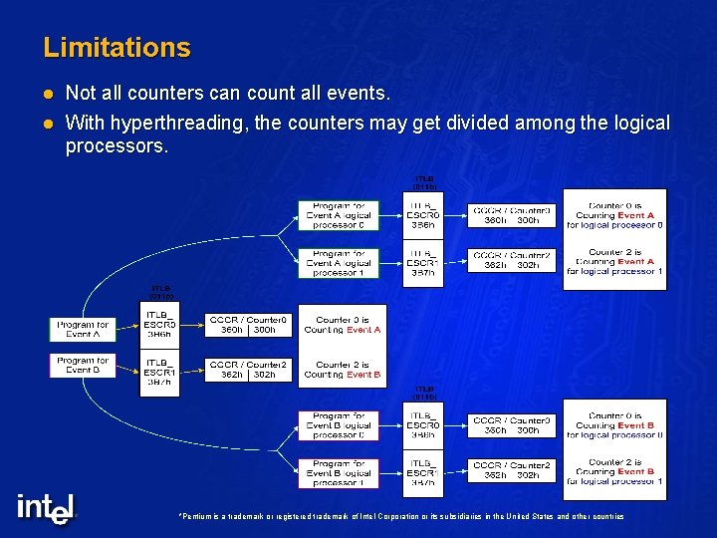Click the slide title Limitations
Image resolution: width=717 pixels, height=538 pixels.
click(117, 48)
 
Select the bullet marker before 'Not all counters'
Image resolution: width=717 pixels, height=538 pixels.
click(47, 94)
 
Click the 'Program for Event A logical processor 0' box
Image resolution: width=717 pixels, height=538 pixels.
click(339, 215)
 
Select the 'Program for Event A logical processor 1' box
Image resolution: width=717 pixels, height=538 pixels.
click(339, 263)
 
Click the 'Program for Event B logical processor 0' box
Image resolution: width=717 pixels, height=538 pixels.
click(339, 425)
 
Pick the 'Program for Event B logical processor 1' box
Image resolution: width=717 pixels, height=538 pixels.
click(339, 473)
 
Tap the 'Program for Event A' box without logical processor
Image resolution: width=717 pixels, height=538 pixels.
click(83, 329)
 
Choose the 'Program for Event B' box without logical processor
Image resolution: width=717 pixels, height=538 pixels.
click(83, 365)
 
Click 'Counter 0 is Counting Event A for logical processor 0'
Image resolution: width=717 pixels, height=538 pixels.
click(614, 215)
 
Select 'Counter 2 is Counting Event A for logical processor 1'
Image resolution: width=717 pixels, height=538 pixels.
click(614, 262)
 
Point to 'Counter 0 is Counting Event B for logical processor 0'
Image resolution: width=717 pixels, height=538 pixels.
click(614, 425)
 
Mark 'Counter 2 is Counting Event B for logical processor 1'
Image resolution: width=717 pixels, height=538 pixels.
click(614, 471)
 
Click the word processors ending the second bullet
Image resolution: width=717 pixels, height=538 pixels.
click(117, 146)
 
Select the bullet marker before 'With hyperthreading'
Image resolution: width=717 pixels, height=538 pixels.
click(47, 123)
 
